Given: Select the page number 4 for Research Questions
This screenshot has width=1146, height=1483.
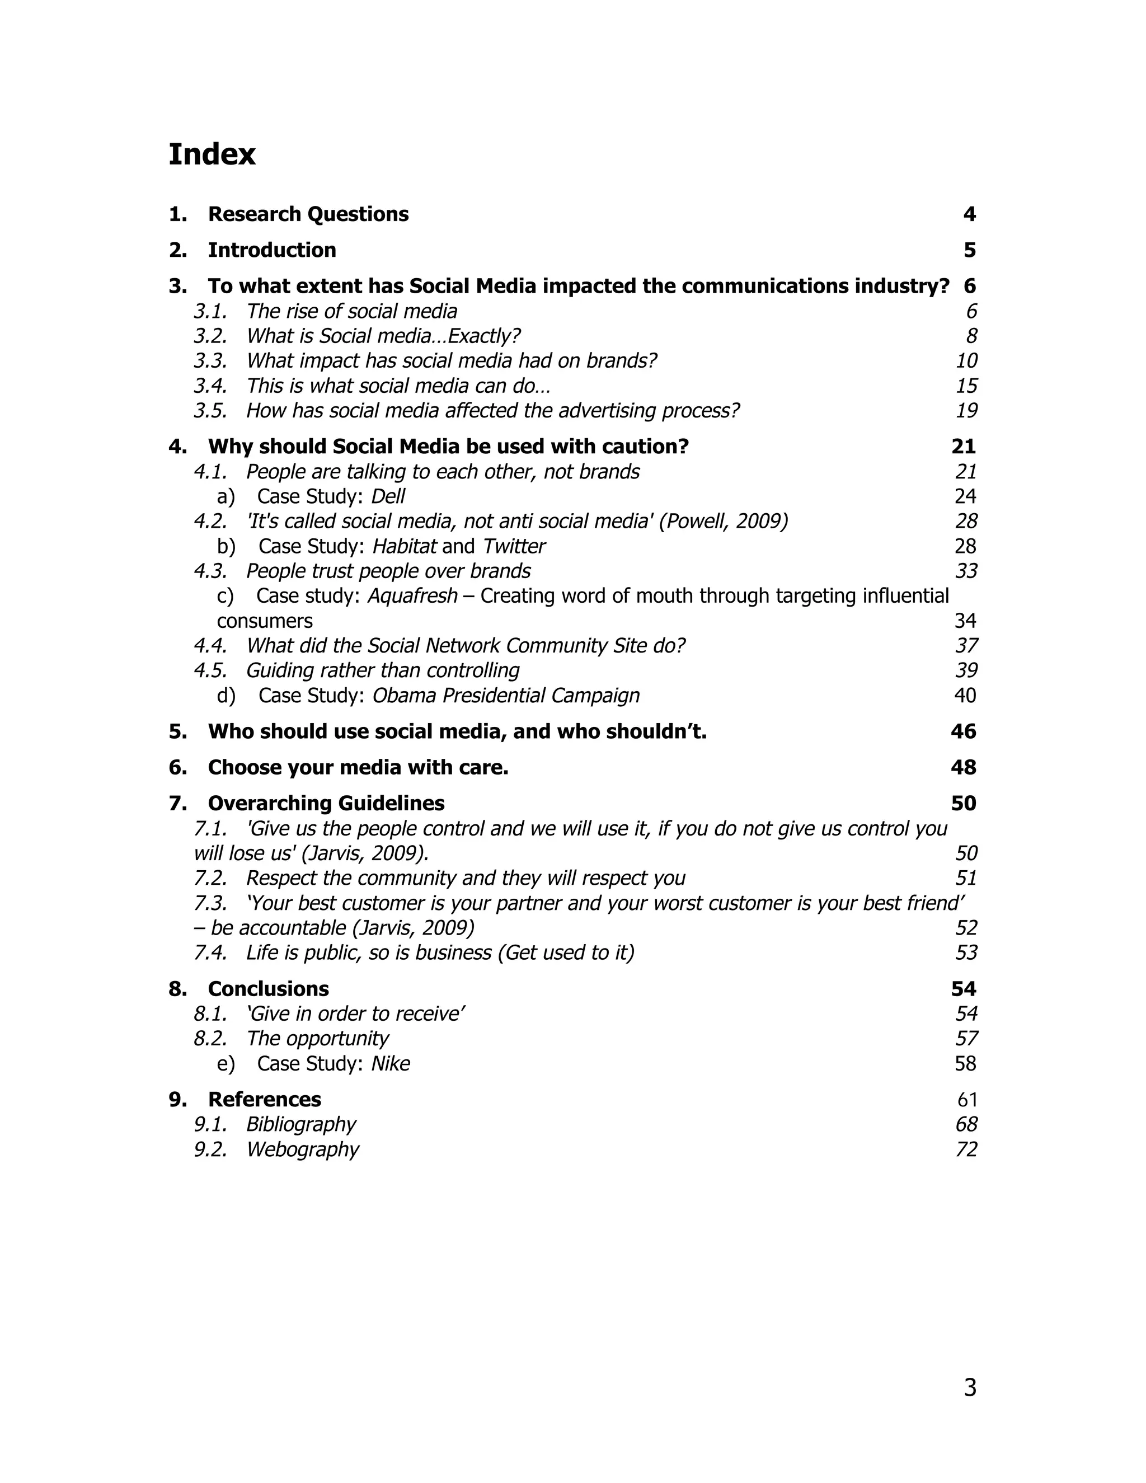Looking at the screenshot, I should click(969, 214).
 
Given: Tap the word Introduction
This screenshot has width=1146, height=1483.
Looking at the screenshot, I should click(271, 250).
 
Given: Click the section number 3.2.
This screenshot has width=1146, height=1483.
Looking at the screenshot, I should click(210, 336).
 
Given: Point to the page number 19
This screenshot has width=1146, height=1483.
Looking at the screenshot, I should click(966, 411).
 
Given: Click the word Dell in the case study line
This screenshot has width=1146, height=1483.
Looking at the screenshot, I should click(388, 496).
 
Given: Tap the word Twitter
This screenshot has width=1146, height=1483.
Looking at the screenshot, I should click(514, 546).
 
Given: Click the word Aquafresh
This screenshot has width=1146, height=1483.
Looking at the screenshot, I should click(412, 595).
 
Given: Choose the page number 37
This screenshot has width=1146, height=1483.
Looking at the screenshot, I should click(966, 645).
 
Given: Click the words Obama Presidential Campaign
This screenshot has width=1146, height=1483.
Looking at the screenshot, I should click(506, 695).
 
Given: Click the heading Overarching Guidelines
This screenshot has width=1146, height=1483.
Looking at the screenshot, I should click(326, 803).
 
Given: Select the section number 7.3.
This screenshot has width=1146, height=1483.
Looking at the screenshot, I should click(210, 903).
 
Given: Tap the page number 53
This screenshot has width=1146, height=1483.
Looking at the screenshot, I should click(966, 952).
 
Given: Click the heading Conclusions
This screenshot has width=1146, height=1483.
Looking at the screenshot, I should click(268, 989).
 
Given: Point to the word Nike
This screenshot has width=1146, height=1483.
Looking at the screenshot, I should click(391, 1063).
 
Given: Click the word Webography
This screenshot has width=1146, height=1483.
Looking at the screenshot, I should click(303, 1149).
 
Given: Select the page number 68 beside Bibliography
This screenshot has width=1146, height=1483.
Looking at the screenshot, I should click(966, 1124).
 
